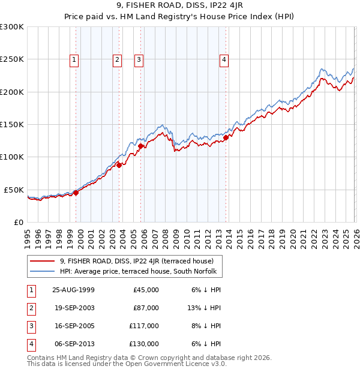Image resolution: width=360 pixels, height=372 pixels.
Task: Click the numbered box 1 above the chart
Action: click(x=74, y=59)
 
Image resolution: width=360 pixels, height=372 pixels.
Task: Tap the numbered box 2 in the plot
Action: click(x=116, y=59)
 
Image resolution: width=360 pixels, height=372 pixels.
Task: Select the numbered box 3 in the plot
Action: click(x=139, y=59)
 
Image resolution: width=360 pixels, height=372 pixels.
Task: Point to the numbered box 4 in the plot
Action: click(x=223, y=59)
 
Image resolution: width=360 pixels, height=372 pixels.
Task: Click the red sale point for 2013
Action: click(x=226, y=137)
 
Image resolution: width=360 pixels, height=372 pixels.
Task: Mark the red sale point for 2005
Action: click(x=140, y=146)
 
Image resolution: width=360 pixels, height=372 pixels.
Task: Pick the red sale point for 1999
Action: click(x=76, y=193)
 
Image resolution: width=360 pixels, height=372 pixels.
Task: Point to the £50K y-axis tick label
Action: click(x=14, y=190)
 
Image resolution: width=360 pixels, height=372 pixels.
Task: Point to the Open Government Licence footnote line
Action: click(x=127, y=364)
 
